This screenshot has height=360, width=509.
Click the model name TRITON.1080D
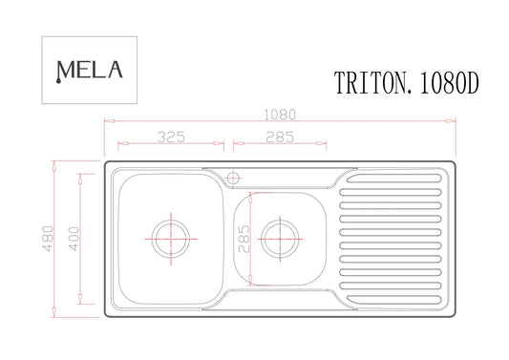pos(407,83)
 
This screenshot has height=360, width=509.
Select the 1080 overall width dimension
pos(280,115)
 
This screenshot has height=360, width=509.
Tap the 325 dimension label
pos(171,137)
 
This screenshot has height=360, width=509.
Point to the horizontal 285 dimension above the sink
pos(280,137)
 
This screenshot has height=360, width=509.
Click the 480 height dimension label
pos(48,239)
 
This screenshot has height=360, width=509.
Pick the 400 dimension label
pos(74,239)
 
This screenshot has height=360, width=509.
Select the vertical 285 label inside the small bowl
pos(244,239)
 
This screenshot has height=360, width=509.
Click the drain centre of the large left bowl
pos(171,239)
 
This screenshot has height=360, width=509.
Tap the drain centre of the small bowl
pos(280,240)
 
